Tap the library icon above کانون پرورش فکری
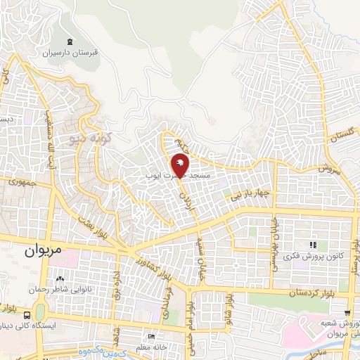(x=312, y=245)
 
